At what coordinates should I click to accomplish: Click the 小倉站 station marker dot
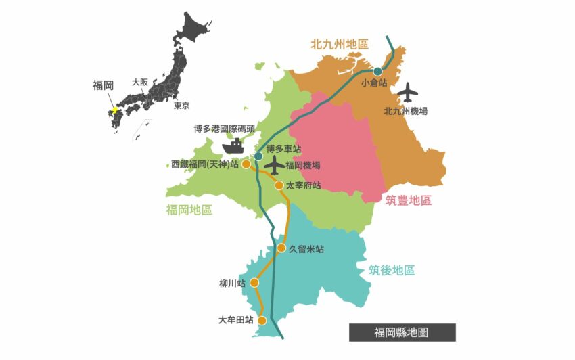377,71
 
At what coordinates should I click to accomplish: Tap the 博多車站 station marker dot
258,156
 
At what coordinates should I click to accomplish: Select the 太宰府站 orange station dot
279,185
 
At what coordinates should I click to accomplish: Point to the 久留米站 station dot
281,248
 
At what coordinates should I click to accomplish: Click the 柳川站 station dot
254,283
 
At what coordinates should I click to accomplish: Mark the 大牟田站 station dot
262,321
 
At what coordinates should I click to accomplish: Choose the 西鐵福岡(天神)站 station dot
246,164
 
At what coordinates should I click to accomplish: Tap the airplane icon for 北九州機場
408,91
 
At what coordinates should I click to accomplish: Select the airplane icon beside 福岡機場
274,164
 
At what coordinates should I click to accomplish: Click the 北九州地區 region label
340,45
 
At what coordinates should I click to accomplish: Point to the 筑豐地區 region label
408,200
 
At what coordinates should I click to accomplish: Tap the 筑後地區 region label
392,271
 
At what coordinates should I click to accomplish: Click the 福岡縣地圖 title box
402,332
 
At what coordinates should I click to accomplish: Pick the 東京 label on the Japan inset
181,106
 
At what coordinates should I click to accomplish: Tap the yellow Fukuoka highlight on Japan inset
115,110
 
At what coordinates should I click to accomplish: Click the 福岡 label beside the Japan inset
103,86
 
